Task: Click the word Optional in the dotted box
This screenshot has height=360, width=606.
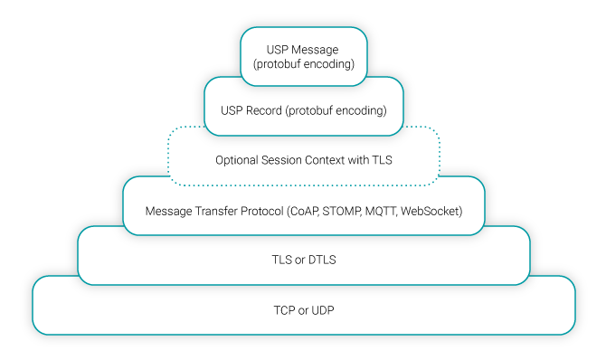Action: [236, 160]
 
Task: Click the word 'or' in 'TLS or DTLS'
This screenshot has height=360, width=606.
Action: [290, 259]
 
